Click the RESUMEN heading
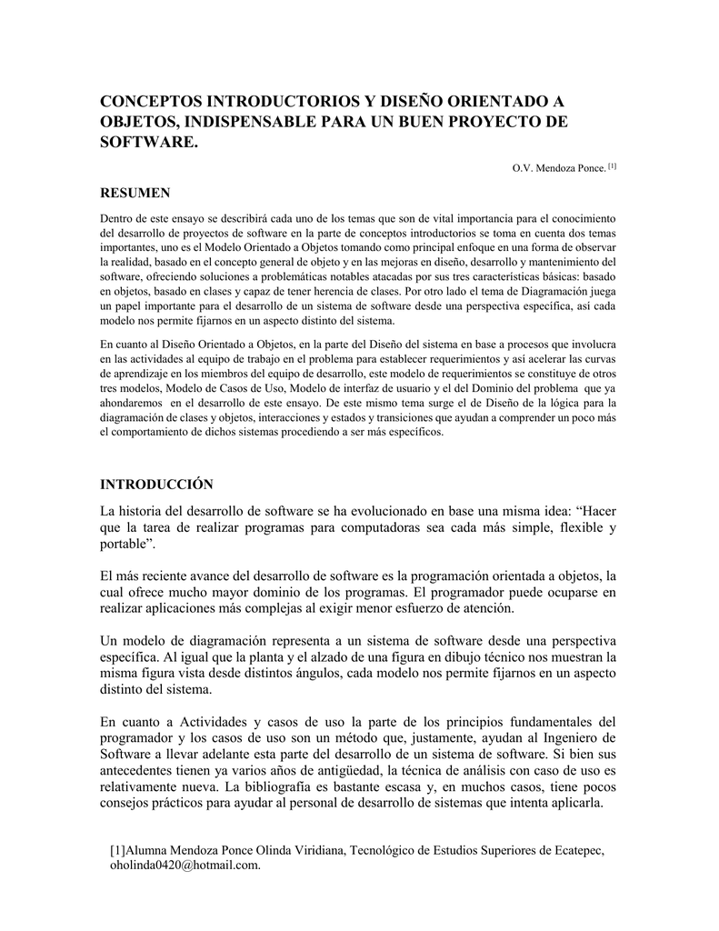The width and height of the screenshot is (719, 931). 134,193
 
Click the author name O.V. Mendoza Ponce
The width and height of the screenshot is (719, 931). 560,169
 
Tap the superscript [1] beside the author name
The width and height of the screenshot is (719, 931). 614,166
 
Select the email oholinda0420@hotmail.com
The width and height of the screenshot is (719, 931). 185,866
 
